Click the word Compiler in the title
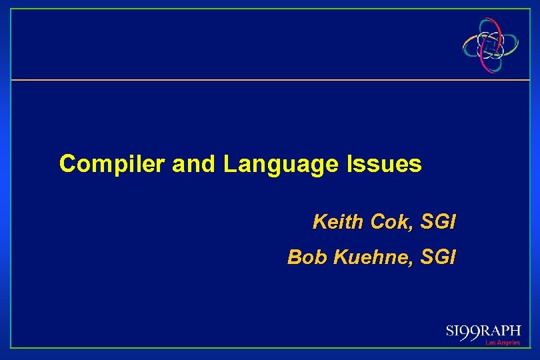click(113, 164)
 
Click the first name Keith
click(337, 222)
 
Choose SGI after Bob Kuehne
click(438, 257)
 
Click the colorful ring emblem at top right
click(491, 44)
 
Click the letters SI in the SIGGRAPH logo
click(453, 331)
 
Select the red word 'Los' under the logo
click(490, 343)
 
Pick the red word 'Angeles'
click(508, 343)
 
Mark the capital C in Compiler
click(67, 164)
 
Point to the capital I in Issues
click(349, 164)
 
